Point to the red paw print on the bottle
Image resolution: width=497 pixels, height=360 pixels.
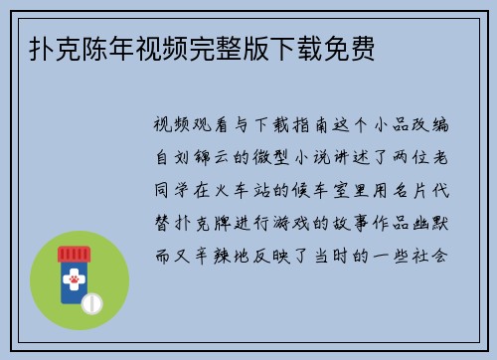tap(75, 282)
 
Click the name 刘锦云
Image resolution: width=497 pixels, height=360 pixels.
tap(201, 158)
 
